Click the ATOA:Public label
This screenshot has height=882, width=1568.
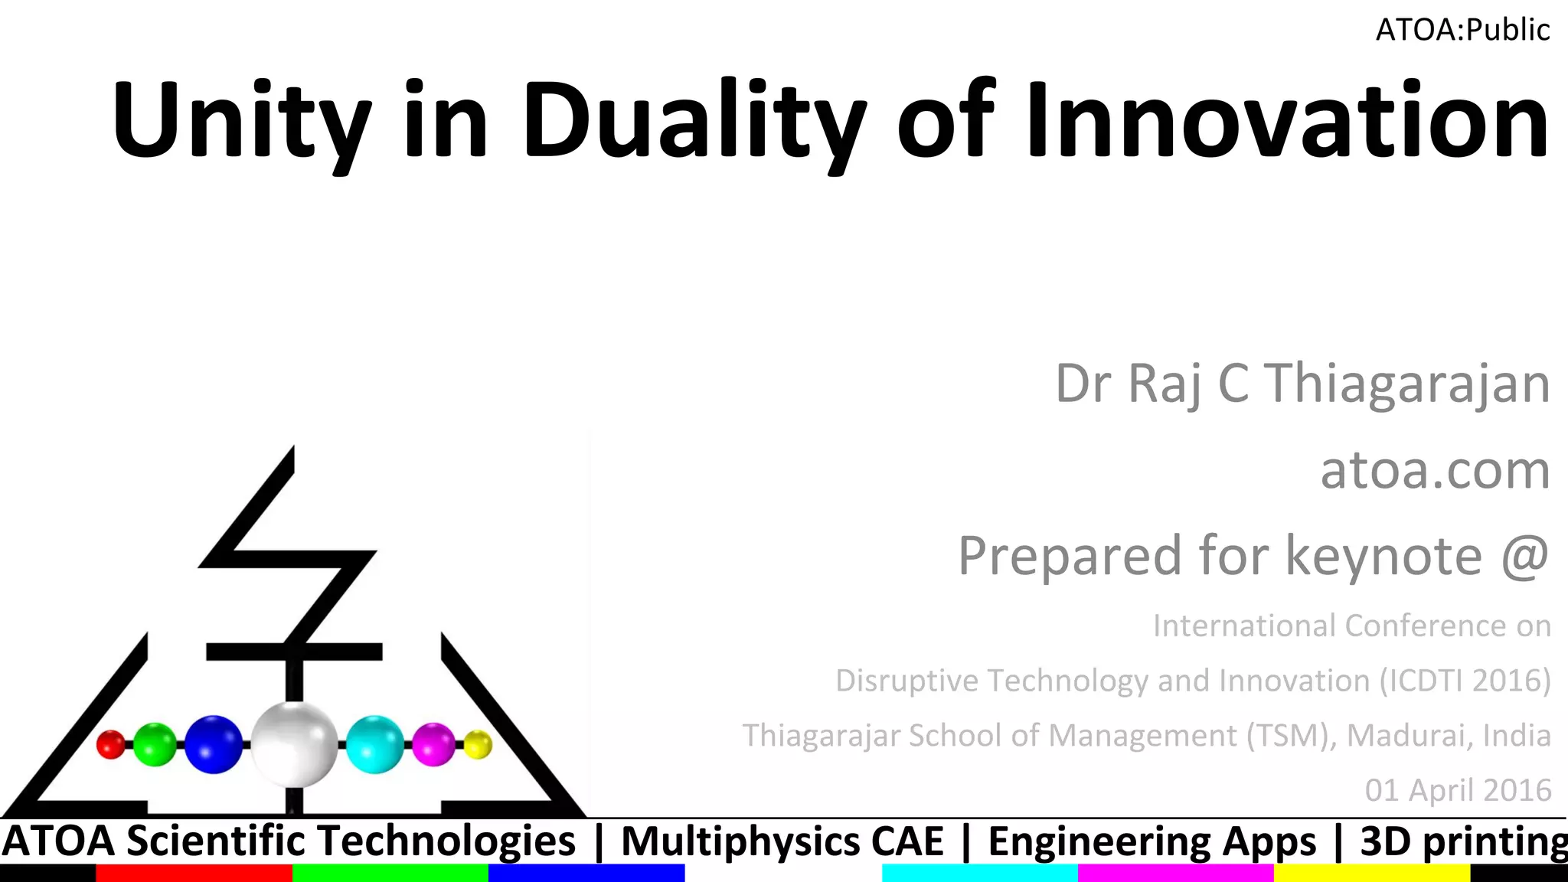point(1462,30)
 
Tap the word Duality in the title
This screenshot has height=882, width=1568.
point(693,121)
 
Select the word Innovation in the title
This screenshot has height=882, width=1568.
point(1286,121)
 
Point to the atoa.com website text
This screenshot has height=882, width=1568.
point(1436,469)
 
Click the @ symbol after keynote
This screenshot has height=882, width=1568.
point(1525,556)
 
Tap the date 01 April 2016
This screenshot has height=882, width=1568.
point(1458,790)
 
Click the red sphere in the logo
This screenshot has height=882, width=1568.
point(111,744)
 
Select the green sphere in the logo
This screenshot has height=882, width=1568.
point(155,744)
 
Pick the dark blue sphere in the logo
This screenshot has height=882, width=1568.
point(214,744)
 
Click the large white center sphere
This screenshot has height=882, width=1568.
point(295,744)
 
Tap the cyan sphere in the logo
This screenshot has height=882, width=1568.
point(374,744)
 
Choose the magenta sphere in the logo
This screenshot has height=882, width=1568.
point(433,744)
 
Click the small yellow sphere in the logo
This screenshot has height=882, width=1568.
point(478,744)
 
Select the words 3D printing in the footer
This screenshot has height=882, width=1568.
point(1462,841)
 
